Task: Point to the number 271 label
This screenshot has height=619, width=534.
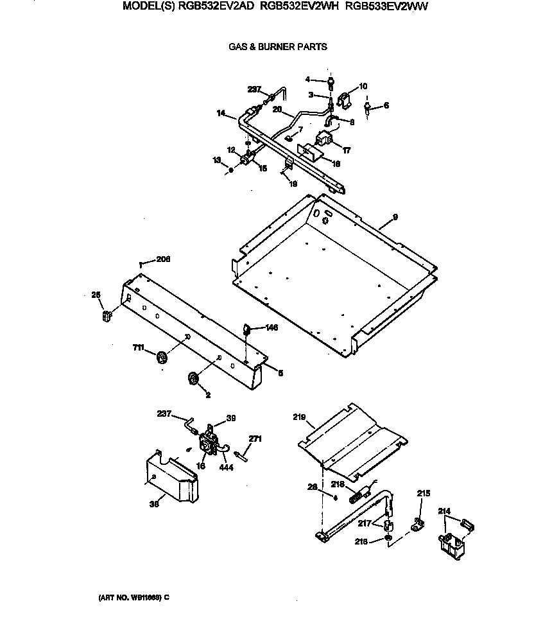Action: click(255, 439)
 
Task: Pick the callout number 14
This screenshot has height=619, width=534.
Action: click(221, 113)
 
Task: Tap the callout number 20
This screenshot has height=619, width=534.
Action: click(277, 109)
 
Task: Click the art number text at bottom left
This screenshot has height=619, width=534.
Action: click(133, 597)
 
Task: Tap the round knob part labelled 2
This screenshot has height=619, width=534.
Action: click(193, 379)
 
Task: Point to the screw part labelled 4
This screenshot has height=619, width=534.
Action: click(330, 82)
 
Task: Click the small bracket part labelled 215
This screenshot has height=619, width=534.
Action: click(417, 525)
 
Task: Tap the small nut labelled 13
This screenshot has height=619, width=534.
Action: click(230, 170)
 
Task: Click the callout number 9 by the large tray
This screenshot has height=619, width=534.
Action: click(395, 217)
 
